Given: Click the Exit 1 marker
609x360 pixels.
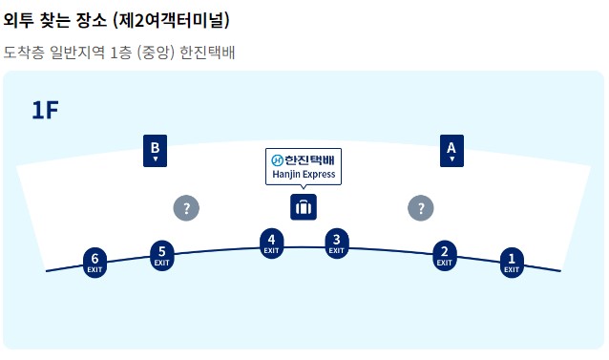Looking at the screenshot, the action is click(x=512, y=261).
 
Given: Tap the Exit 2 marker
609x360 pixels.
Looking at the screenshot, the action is click(x=444, y=254).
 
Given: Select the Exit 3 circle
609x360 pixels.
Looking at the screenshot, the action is click(x=336, y=243).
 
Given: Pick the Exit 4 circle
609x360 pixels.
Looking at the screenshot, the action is click(x=272, y=243).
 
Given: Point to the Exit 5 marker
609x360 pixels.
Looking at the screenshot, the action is click(x=162, y=254).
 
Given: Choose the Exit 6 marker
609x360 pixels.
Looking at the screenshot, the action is click(x=94, y=261).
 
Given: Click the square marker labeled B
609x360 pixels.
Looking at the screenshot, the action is click(x=155, y=151).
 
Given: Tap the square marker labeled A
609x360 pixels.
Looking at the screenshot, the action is click(x=451, y=151).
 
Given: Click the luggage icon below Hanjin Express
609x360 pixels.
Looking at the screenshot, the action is click(x=303, y=207).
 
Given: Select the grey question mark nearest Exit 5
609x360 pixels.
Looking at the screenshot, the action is click(x=186, y=208).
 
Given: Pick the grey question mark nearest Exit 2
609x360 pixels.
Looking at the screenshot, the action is click(x=420, y=208).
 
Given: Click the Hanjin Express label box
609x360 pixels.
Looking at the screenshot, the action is click(x=303, y=167).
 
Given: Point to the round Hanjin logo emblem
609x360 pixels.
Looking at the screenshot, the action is click(x=277, y=160).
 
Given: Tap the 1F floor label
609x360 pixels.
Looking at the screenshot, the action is click(x=45, y=110).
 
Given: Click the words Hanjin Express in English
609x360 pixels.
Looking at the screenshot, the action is click(x=303, y=176).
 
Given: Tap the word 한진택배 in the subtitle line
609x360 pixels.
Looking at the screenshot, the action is click(x=207, y=52).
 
